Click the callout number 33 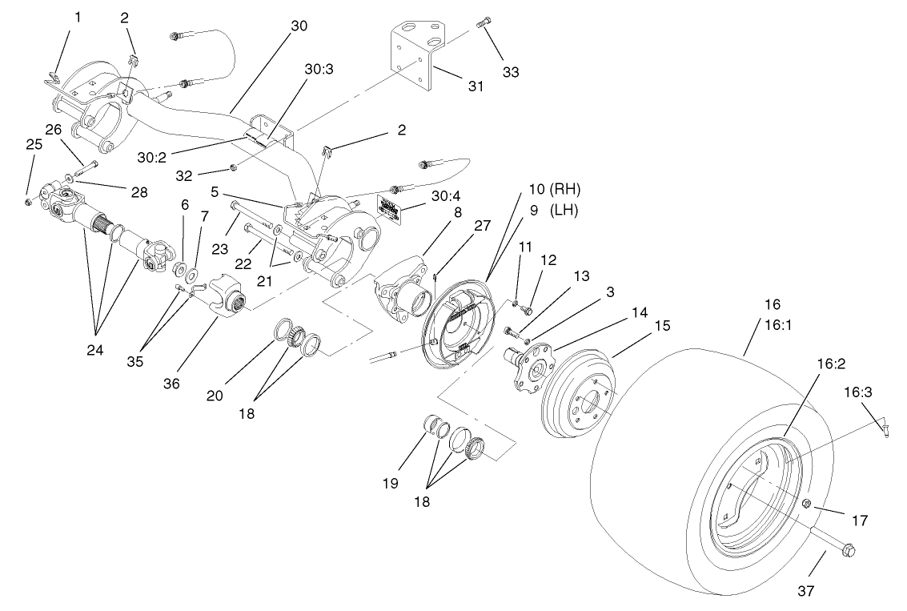tap(510, 72)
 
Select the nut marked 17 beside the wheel tap(807, 503)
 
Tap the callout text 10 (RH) tap(554, 190)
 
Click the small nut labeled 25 tap(28, 200)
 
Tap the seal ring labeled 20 tap(284, 328)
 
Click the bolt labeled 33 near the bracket tap(484, 22)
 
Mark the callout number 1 tap(78, 16)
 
